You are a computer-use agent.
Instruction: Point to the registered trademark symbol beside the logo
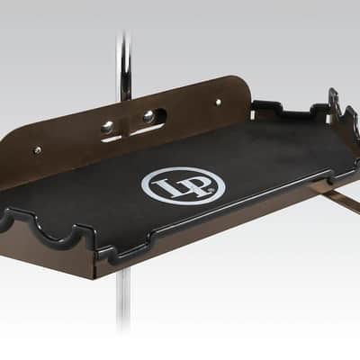click(212, 190)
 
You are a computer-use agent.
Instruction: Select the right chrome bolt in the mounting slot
click(149, 117)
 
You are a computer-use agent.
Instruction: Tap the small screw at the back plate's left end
click(38, 148)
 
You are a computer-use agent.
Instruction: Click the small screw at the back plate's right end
click(219, 102)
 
